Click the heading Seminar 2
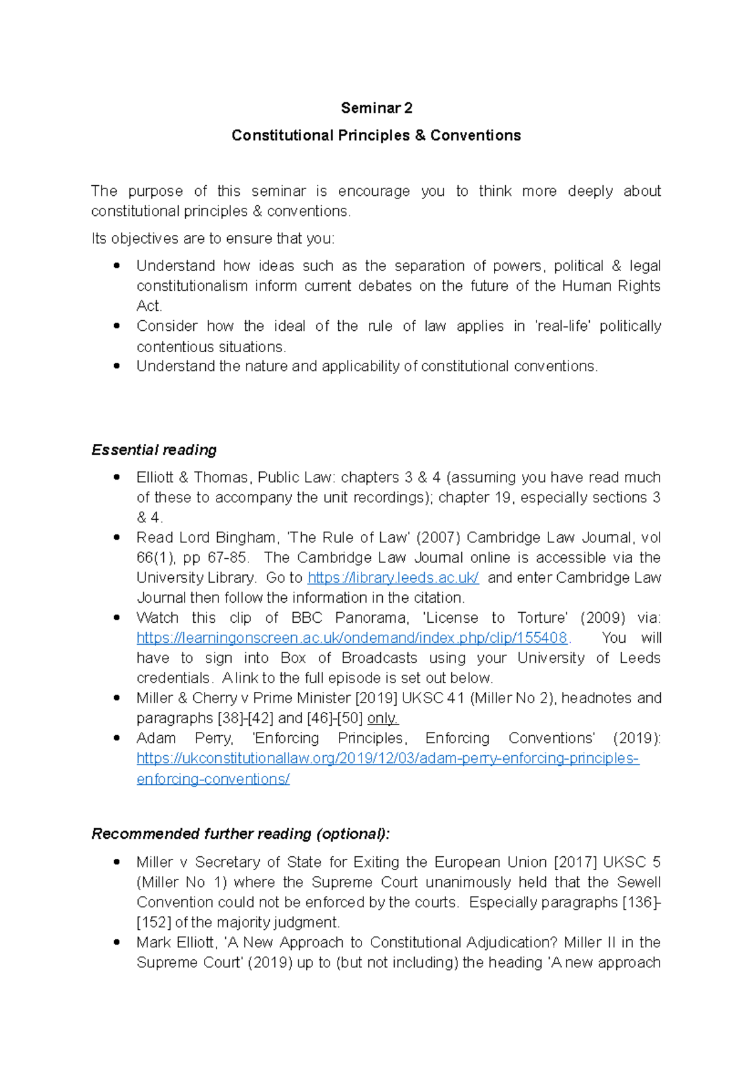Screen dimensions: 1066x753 pos(376,108)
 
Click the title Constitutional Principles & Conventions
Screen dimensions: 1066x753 pos(376,136)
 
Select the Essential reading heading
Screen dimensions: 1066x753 pos(154,450)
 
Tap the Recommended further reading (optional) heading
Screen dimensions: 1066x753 pos(240,834)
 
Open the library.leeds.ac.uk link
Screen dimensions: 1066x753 pos(393,578)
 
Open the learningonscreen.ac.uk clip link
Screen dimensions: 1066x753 pos(352,638)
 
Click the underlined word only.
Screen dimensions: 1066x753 pos(383,718)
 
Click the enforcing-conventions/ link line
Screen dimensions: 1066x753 pos(213,779)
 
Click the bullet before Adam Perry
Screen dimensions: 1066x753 pos(116,738)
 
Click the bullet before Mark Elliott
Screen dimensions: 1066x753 pos(116,942)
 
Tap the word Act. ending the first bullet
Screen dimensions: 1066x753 pos(149,306)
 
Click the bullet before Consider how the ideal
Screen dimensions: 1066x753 pos(116,326)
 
